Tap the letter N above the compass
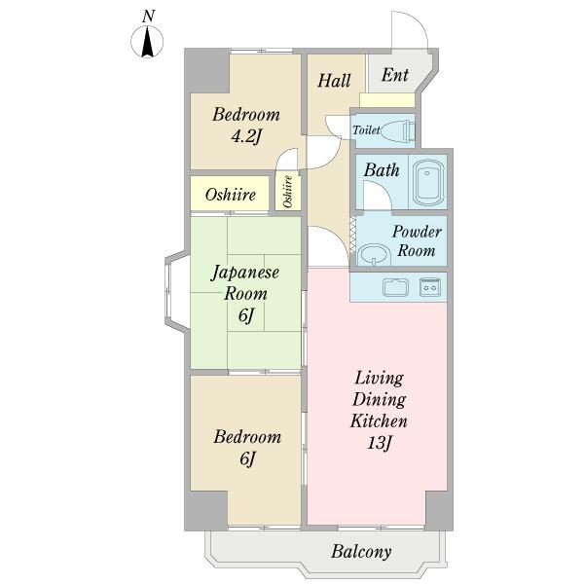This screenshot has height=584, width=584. click(148, 16)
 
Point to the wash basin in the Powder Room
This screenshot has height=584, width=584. click(372, 254)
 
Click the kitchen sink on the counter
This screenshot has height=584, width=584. click(395, 287)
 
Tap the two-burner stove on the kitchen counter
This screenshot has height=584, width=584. click(429, 287)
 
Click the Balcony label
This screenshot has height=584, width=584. click(360, 552)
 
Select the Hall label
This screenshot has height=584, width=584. click(334, 81)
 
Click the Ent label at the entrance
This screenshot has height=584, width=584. click(394, 76)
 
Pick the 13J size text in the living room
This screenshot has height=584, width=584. click(379, 445)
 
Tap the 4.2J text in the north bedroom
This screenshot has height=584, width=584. click(246, 136)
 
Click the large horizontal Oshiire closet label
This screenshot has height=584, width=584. click(231, 195)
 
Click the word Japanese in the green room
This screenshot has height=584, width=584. click(246, 273)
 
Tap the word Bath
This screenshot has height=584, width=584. click(382, 170)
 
